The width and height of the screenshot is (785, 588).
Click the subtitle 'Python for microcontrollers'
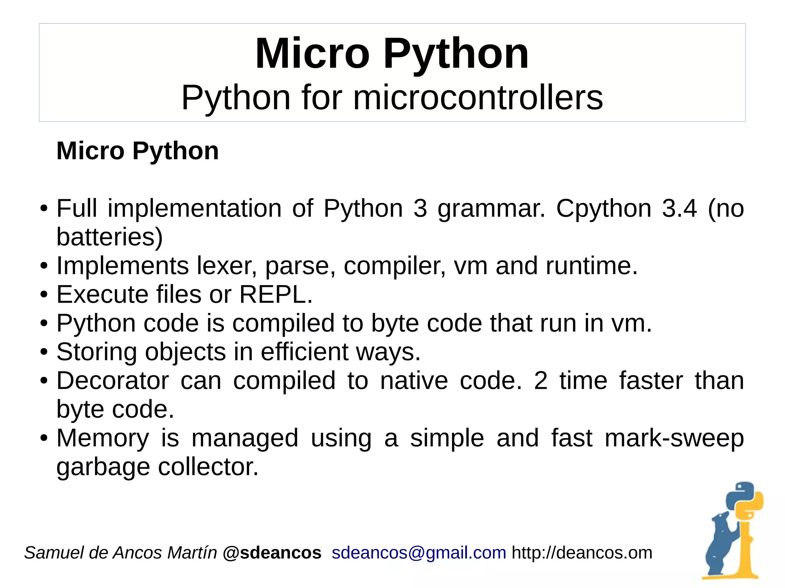click(x=392, y=98)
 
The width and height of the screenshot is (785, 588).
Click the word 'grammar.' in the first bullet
click(x=491, y=209)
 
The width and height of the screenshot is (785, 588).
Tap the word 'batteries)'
click(x=110, y=237)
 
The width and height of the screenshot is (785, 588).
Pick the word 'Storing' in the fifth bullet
click(x=97, y=352)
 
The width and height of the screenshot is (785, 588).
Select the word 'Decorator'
click(x=113, y=381)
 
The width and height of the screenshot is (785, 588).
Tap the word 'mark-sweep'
click(x=674, y=438)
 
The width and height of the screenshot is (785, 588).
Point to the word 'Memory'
click(x=103, y=438)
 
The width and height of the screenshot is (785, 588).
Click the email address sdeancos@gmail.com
click(x=419, y=553)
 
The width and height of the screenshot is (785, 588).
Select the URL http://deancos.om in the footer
click(x=582, y=553)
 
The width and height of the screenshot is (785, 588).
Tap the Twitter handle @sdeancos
click(x=272, y=553)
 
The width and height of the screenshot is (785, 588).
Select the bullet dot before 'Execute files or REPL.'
click(x=44, y=295)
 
